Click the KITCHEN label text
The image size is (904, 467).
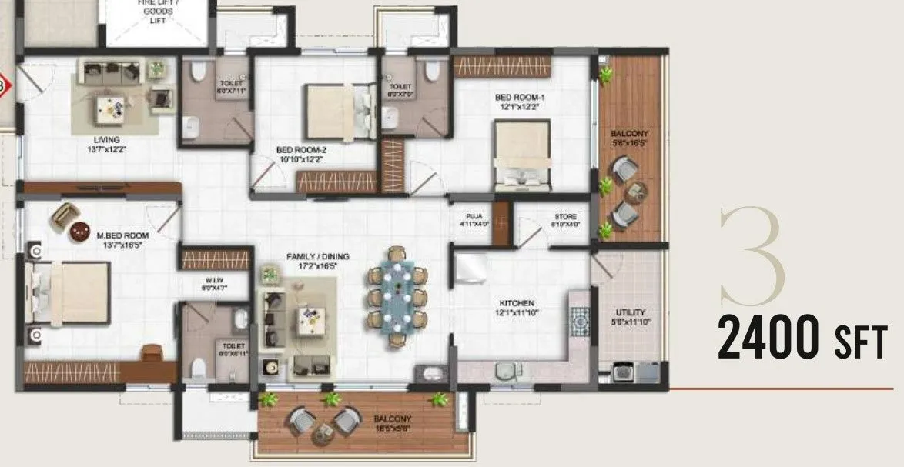tap(516, 303)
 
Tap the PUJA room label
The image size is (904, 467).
tap(473, 217)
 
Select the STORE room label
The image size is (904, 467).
tap(565, 217)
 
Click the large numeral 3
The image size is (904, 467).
tap(753, 255)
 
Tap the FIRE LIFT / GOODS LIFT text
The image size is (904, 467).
tap(156, 12)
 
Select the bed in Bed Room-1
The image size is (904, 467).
tap(521, 154)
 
